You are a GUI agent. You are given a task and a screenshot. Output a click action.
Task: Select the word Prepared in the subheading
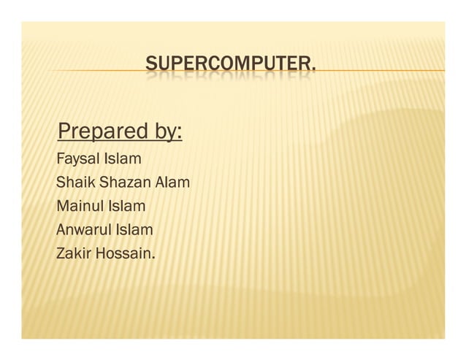[x=103, y=132]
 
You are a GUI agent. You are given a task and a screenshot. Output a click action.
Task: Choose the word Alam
[x=175, y=182]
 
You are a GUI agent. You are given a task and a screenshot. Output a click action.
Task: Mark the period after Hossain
[x=154, y=258]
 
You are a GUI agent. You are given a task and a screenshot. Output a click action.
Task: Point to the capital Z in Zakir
[x=61, y=254]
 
